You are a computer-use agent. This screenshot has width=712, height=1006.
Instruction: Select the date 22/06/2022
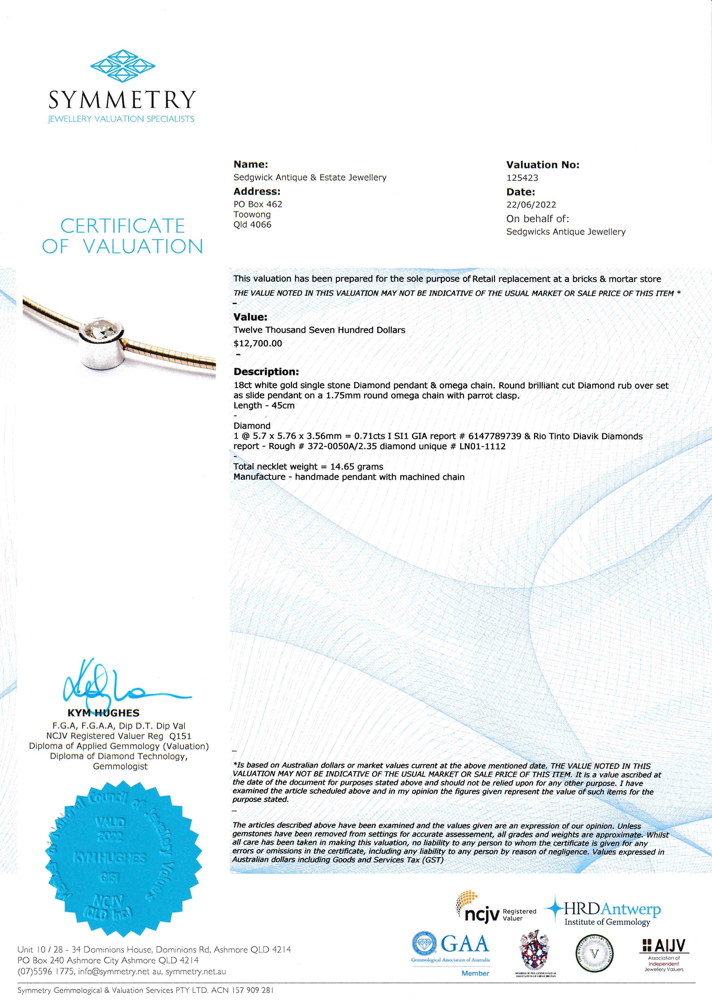click(531, 205)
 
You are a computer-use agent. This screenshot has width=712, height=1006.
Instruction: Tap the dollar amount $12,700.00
click(258, 343)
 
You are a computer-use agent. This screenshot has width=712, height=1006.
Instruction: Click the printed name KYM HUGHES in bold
click(103, 713)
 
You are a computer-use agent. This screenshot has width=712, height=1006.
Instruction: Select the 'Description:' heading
click(266, 371)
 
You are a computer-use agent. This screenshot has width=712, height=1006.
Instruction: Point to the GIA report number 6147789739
click(495, 436)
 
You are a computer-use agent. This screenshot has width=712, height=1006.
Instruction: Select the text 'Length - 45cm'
click(264, 406)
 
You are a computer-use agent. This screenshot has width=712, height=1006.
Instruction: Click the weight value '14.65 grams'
click(357, 467)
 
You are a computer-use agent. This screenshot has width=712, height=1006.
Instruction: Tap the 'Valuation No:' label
click(542, 165)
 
